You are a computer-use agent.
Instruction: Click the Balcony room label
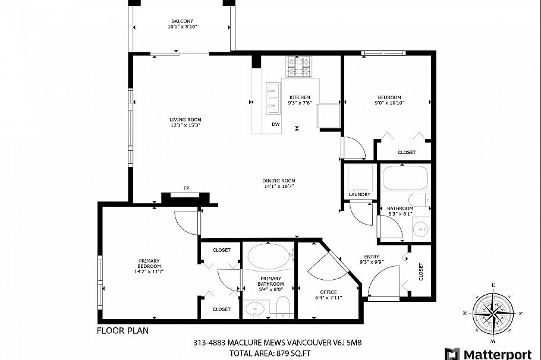click(x=182, y=21)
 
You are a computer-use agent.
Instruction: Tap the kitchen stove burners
click(x=300, y=67)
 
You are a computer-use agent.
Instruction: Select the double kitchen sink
click(x=274, y=99)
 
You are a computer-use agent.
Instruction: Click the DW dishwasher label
click(x=276, y=124)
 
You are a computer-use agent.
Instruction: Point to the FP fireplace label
click(x=186, y=188)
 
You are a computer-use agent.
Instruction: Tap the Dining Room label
click(x=279, y=181)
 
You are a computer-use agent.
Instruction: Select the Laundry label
click(x=360, y=194)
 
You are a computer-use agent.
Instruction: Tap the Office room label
click(x=328, y=292)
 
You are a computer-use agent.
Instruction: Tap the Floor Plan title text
click(x=122, y=330)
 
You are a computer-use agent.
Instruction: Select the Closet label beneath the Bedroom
click(x=407, y=153)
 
